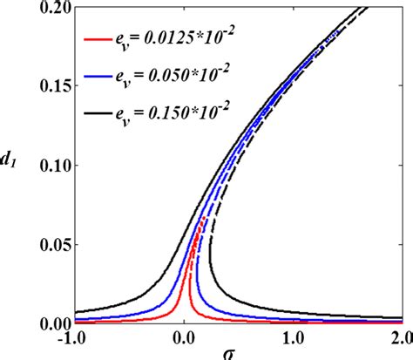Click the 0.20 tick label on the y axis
53,8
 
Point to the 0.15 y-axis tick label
53,86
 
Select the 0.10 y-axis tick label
53,166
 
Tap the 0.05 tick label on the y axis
53,244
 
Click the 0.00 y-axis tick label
53,323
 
